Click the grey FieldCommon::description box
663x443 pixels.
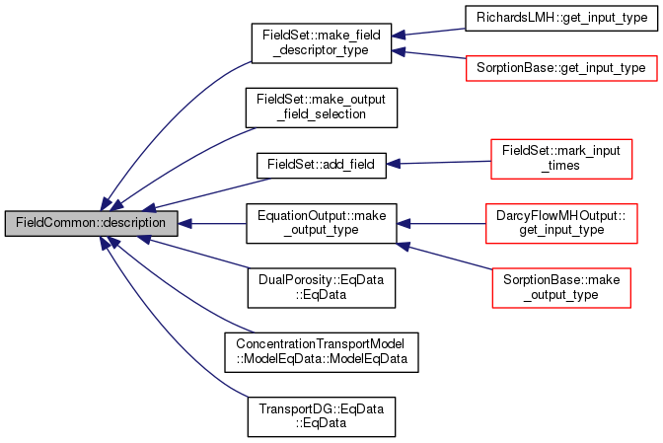[x=91, y=223]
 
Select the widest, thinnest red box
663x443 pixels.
[x=560, y=68]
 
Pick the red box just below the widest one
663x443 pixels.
[x=560, y=159]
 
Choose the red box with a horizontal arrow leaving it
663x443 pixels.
[x=561, y=223]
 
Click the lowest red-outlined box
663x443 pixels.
[x=560, y=287]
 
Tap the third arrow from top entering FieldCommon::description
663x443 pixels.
[x=207, y=193]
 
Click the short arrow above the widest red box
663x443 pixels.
[x=429, y=33]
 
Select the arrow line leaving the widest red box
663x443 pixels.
[x=429, y=53]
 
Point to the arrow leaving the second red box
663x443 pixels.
[x=439, y=163]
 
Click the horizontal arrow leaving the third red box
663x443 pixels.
[x=444, y=224]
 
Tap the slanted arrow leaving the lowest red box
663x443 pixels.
[x=444, y=256]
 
